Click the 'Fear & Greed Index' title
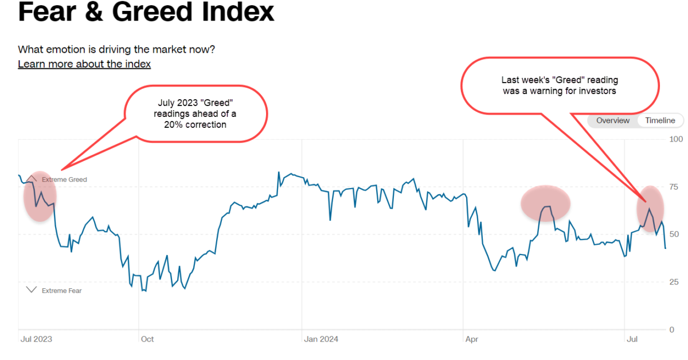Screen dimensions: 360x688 coord(146,13)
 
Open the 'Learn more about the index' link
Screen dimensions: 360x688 coord(84,64)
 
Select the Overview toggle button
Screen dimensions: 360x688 coord(613,120)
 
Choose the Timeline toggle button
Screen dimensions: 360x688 coord(660,120)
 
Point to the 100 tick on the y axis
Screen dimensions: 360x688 coord(676,139)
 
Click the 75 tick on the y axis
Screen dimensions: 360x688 coord(674,187)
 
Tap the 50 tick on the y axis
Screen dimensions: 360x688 coord(674,234)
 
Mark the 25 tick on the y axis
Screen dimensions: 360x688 coord(674,282)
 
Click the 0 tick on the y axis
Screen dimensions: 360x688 coord(672,330)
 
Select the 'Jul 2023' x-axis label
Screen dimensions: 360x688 coord(36,339)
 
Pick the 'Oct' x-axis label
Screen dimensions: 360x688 coord(147,339)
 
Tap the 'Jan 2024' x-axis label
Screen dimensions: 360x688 coord(321,339)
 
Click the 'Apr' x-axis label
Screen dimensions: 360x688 coord(471,339)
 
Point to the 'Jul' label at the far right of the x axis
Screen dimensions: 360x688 coord(632,339)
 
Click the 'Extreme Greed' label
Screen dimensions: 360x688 coord(64,179)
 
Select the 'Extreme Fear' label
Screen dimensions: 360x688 coord(62,291)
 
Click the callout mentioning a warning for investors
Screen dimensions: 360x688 coord(560,85)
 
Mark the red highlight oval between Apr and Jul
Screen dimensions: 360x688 coord(545,204)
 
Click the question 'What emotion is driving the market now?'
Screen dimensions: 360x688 coord(116,49)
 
